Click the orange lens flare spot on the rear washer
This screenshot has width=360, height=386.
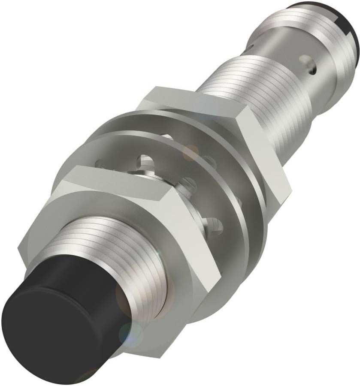pyautogui.click(x=191, y=152)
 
